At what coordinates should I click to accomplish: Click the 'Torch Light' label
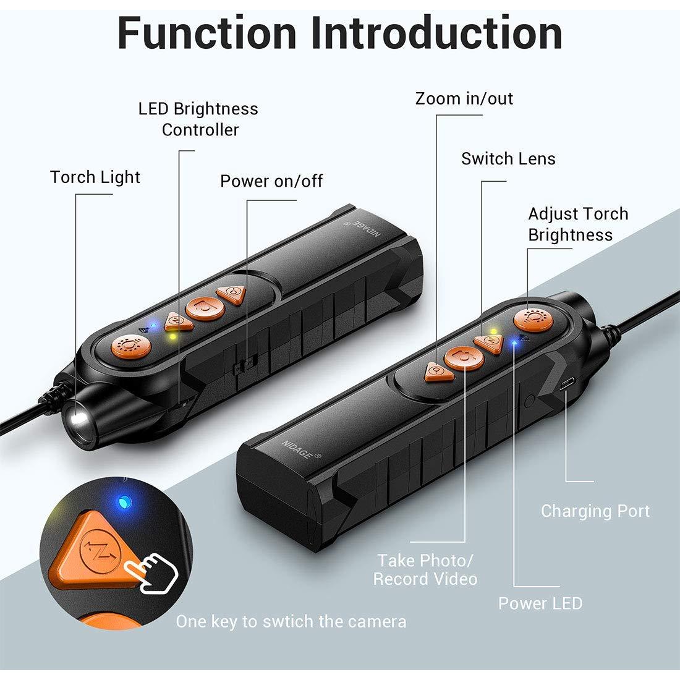click(95, 177)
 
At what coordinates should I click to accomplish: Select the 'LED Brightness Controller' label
click(198, 119)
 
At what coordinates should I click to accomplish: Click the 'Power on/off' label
click(271, 181)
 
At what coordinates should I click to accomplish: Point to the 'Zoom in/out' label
click(464, 99)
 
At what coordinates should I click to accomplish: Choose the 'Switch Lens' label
click(508, 159)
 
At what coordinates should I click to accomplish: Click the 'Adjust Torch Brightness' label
click(577, 224)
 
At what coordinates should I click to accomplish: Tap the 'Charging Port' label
click(595, 511)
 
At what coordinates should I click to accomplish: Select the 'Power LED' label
click(540, 603)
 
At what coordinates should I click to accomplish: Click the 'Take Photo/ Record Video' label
click(425, 569)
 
